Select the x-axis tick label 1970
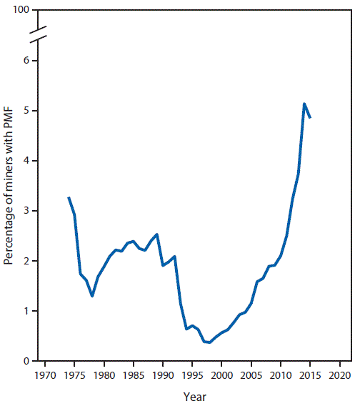(45, 374)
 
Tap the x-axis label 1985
(134, 374)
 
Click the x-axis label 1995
(192, 374)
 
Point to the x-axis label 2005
(251, 374)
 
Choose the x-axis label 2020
(340, 374)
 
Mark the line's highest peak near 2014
(304, 104)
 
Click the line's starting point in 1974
(69, 197)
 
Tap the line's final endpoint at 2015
(310, 117)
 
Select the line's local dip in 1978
(92, 296)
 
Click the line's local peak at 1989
(157, 234)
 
